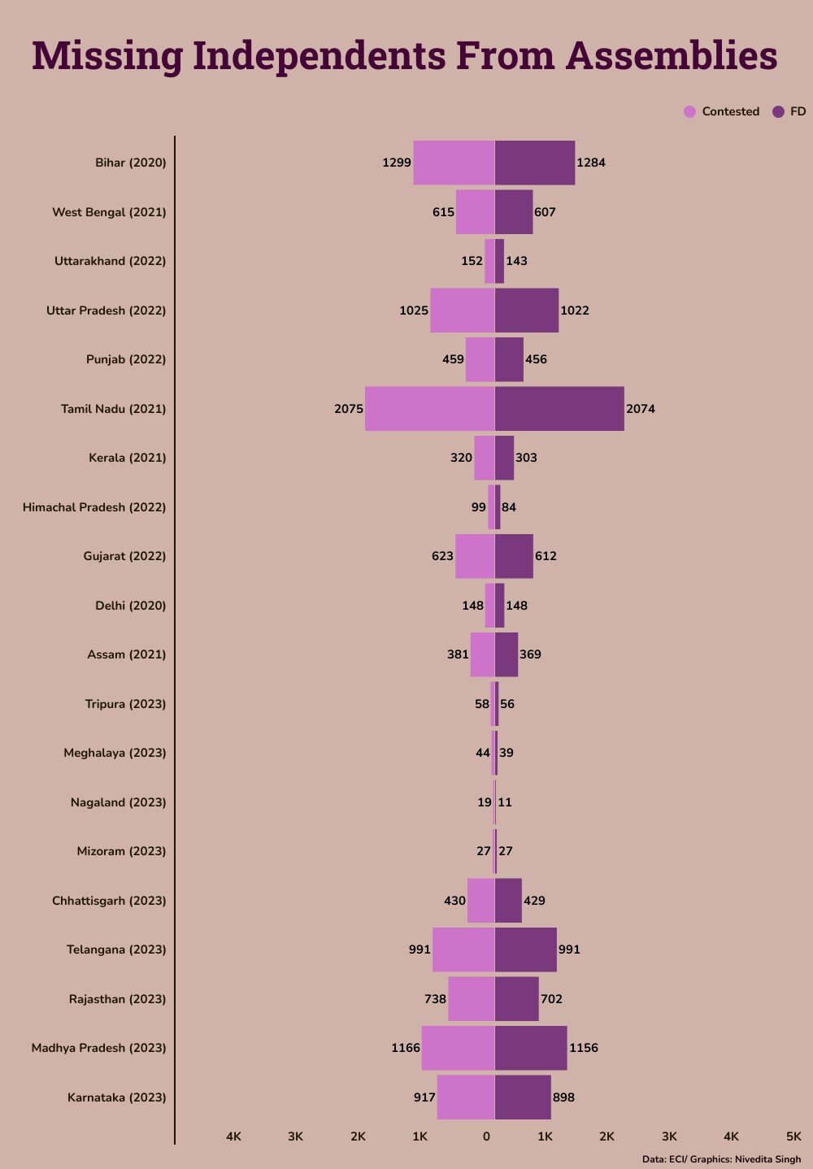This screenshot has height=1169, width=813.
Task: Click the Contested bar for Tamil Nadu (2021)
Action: (429, 408)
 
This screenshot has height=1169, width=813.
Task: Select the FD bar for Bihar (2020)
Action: (534, 163)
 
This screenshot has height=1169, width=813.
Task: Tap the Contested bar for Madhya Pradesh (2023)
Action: (458, 1048)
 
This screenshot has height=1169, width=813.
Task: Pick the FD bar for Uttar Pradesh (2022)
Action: (526, 310)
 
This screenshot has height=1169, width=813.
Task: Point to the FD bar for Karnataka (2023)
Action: (522, 1097)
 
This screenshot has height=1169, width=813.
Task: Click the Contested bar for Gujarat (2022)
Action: (475, 556)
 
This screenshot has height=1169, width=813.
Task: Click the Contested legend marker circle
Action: (689, 112)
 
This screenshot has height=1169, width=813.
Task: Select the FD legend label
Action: (798, 111)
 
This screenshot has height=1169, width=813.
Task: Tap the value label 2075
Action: (349, 409)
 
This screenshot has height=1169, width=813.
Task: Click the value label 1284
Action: (591, 163)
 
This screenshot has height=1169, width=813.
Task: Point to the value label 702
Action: (551, 999)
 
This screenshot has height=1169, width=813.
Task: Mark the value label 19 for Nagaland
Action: (484, 802)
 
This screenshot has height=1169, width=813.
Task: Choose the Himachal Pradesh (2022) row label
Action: (94, 507)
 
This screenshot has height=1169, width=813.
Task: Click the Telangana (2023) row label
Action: (116, 950)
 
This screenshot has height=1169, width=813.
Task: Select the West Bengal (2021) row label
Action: (109, 212)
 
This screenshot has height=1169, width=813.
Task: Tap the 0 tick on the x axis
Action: (486, 1136)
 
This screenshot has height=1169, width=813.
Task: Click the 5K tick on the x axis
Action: (793, 1136)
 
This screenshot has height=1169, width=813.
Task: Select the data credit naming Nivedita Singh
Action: (721, 1159)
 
